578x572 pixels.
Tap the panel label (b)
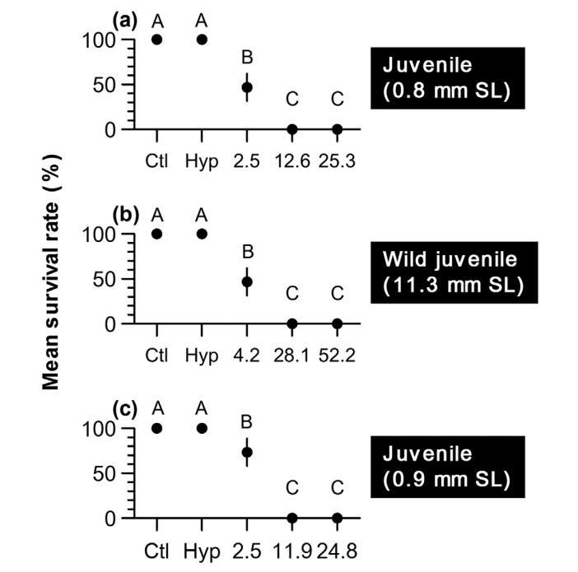(124, 216)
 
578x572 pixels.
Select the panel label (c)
(124, 410)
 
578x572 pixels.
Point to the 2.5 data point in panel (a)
(247, 86)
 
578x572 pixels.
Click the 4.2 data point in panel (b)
(247, 281)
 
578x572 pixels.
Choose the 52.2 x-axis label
(337, 356)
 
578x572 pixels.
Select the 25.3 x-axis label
(337, 161)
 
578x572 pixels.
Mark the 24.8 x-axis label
(337, 550)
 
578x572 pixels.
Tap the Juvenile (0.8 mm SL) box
(446, 78)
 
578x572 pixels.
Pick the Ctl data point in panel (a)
(156, 40)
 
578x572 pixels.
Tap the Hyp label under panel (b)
(202, 356)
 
